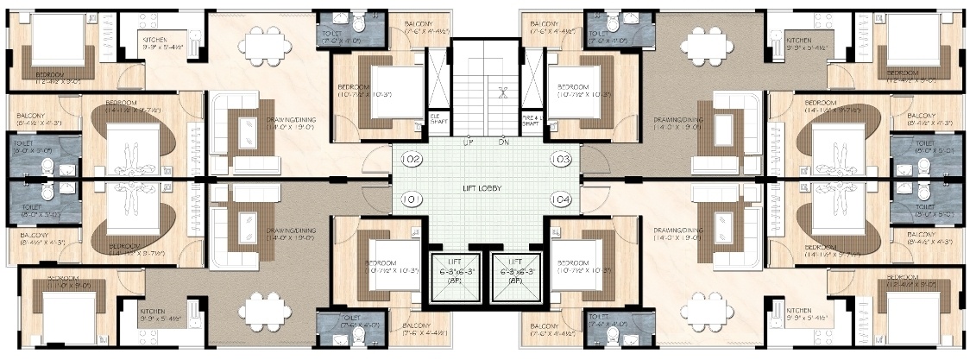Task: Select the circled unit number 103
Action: [561, 160]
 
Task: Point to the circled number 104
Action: [561, 200]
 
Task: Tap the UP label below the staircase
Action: [467, 142]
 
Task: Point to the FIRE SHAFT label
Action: [532, 123]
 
